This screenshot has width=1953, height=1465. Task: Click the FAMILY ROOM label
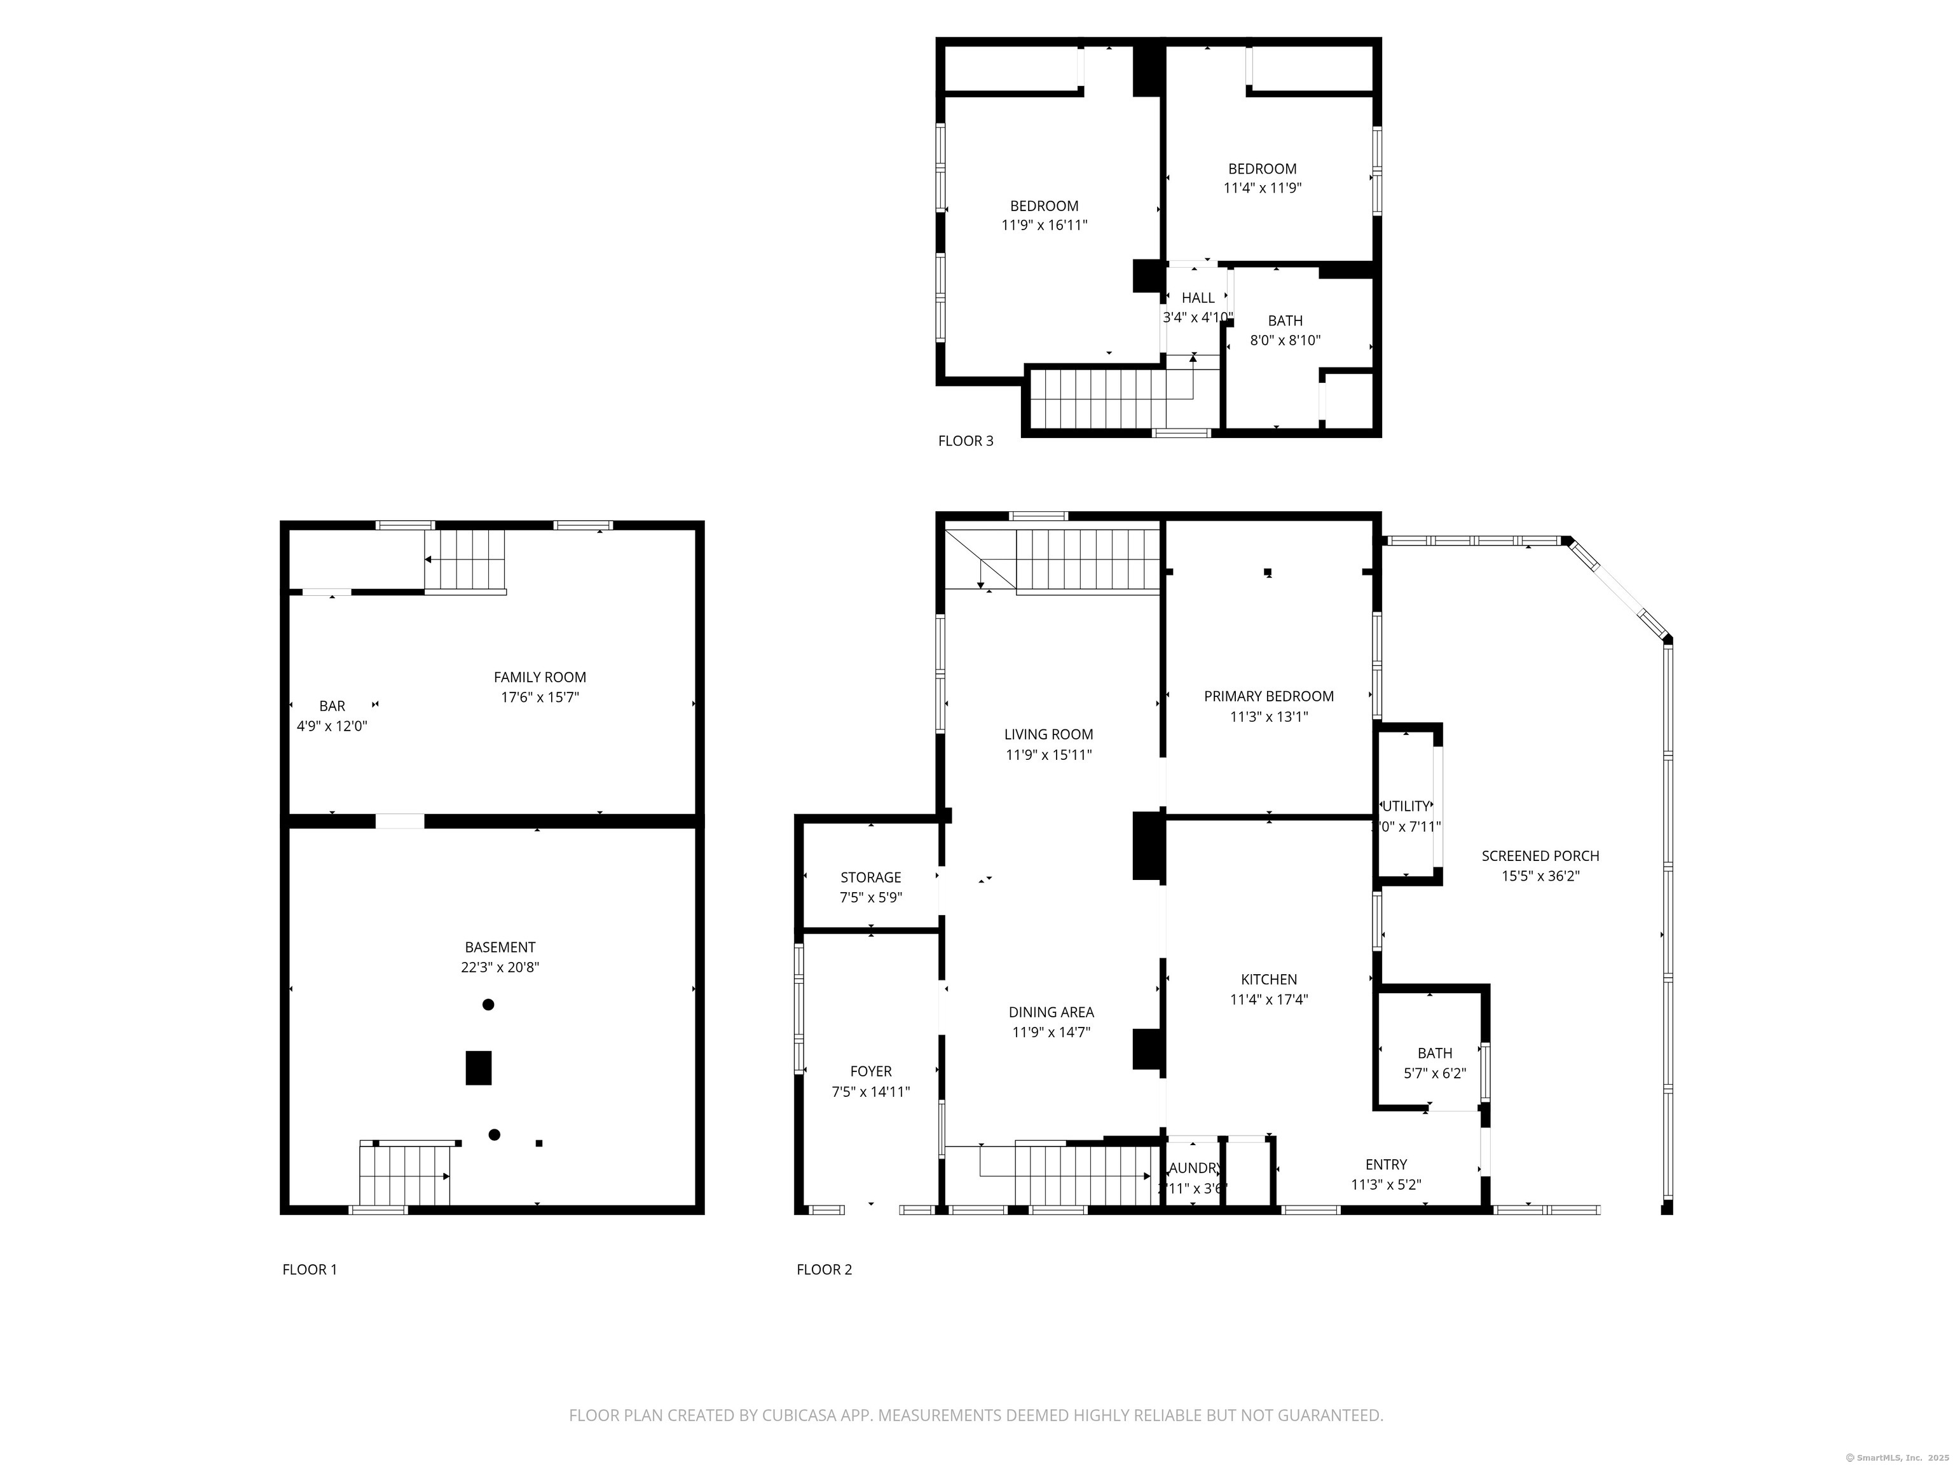[540, 677]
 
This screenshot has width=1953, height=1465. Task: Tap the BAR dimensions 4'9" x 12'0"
[332, 727]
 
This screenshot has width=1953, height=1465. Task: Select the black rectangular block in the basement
[479, 1068]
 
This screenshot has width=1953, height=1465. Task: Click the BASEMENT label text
[500, 947]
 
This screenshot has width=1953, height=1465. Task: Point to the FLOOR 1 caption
[309, 1270]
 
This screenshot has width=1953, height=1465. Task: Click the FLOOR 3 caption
[965, 441]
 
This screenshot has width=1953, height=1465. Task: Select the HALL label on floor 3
[1198, 298]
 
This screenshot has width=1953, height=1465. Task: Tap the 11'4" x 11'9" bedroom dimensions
[1263, 188]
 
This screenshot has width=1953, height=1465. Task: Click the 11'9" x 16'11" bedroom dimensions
[1044, 225]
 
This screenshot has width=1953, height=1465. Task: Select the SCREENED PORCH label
[1540, 856]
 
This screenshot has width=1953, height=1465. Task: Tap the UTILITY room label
[1406, 806]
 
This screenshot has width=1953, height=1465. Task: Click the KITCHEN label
[1269, 979]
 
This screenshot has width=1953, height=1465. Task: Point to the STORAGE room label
[870, 877]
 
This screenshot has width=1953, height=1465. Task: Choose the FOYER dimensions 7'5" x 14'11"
[870, 1092]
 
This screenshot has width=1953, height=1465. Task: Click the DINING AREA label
[1051, 1012]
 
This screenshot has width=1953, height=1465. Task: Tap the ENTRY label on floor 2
[1386, 1165]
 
